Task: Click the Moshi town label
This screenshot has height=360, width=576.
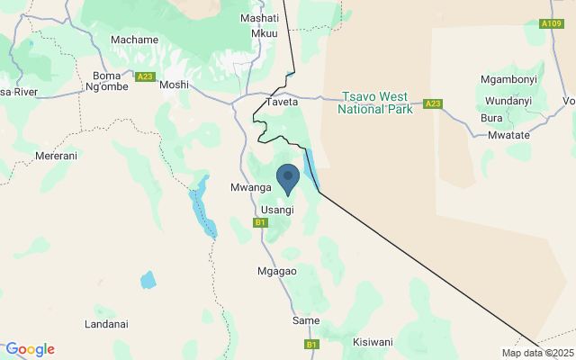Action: [175, 85]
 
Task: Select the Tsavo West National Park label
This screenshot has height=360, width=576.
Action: [374, 103]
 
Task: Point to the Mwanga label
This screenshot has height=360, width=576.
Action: [250, 187]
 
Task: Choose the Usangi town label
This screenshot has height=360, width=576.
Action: [277, 210]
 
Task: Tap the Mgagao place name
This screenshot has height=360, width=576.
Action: [276, 270]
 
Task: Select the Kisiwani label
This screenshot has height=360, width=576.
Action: [373, 342]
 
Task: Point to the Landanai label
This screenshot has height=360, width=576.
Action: [106, 324]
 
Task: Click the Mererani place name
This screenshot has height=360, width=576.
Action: [56, 156]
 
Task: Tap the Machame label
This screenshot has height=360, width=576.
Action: [134, 40]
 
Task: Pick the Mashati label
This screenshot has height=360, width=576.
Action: [260, 18]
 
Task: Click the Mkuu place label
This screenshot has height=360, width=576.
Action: [265, 33]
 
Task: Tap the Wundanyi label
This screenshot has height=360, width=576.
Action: [508, 101]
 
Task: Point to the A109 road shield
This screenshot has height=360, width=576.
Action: [551, 23]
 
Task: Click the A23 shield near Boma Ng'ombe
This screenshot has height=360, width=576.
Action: [146, 77]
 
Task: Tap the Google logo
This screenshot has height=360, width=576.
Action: [30, 349]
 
